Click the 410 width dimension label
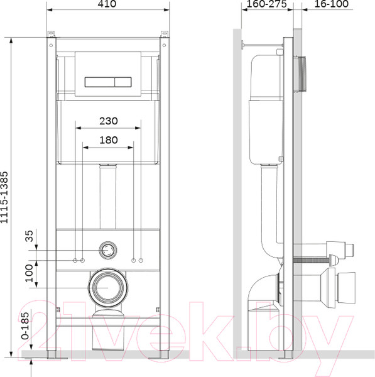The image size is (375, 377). (107, 4)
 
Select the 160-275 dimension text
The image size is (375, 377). (266, 4)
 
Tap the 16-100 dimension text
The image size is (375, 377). (331, 4)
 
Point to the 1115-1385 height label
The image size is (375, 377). (4, 197)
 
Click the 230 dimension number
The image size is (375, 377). (109, 121)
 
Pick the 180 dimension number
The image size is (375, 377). (109, 140)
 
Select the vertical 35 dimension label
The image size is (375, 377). (29, 236)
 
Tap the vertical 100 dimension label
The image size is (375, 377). (29, 273)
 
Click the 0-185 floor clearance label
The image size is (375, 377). (25, 325)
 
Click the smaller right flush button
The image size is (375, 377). (123, 82)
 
